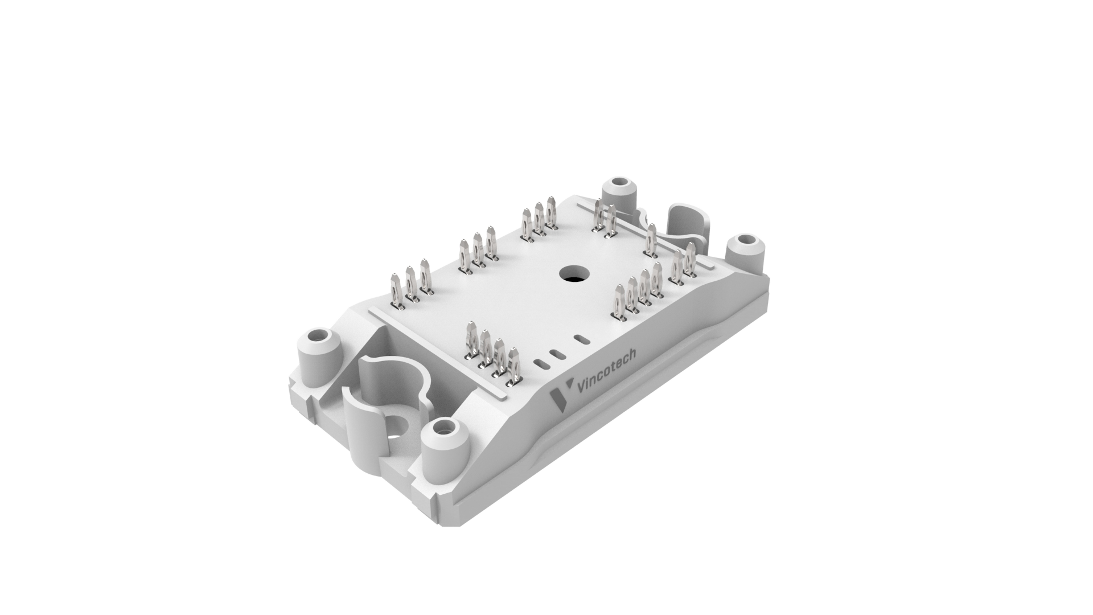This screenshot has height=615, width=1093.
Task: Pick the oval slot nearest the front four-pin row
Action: coord(543,362)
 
